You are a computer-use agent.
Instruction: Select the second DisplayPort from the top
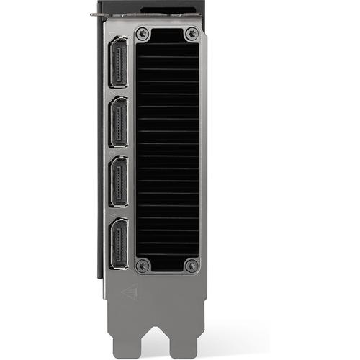(x=118, y=122)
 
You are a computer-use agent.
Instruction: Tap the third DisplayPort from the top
(x=118, y=183)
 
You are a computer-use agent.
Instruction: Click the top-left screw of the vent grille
(x=143, y=33)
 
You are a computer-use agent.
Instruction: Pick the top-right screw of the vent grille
(x=191, y=33)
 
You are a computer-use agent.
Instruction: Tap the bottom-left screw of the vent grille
(x=143, y=265)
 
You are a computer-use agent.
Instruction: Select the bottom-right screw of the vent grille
(x=191, y=265)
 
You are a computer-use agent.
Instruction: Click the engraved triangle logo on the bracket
(x=130, y=292)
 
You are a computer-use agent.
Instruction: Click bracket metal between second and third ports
(x=118, y=153)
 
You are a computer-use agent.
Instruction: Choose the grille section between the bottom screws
(x=167, y=265)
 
